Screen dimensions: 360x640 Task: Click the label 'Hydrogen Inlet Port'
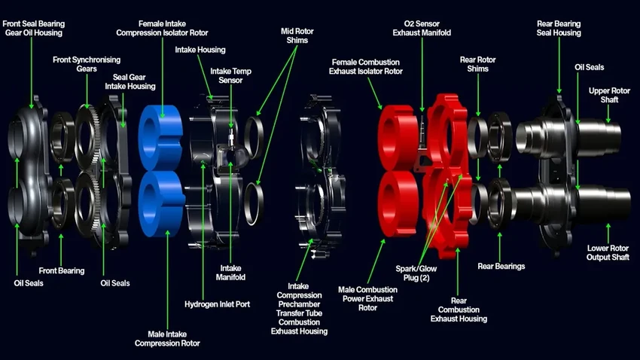(216, 304)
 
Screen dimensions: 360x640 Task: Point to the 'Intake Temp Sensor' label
(231, 76)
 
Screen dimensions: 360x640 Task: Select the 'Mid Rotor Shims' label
(299, 35)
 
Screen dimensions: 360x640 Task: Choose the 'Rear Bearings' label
(501, 266)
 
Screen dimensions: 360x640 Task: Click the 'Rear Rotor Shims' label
(478, 64)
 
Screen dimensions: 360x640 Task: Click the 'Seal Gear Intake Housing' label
(134, 81)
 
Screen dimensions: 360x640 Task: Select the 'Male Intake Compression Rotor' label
(167, 338)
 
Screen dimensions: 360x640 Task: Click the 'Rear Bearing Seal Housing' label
(558, 28)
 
